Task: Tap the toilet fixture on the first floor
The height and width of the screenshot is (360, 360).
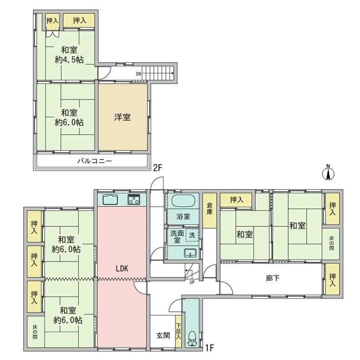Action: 192,339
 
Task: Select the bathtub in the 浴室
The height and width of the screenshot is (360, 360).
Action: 184,200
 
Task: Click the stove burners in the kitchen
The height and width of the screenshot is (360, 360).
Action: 134,200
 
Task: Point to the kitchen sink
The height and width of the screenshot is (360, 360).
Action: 110,200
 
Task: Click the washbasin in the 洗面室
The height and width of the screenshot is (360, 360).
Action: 190,253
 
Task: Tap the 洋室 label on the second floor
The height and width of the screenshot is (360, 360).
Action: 122,117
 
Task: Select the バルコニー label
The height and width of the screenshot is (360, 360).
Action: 95,161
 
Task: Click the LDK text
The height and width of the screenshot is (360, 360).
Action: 122,268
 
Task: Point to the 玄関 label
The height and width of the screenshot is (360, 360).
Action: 163,335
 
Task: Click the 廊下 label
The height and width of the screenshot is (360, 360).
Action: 273,278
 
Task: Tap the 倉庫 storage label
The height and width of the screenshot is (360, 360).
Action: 210,209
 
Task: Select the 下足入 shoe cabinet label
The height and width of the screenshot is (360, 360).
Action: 179,331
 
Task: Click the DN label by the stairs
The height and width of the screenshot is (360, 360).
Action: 139,74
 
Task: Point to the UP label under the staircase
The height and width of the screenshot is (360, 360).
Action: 192,282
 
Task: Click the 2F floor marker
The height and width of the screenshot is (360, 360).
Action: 157,168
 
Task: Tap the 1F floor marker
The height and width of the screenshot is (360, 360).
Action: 209,348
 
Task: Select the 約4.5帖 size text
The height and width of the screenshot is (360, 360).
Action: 69,60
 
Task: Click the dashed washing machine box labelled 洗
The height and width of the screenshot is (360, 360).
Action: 192,235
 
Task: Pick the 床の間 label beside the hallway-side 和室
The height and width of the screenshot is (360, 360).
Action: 331,244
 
